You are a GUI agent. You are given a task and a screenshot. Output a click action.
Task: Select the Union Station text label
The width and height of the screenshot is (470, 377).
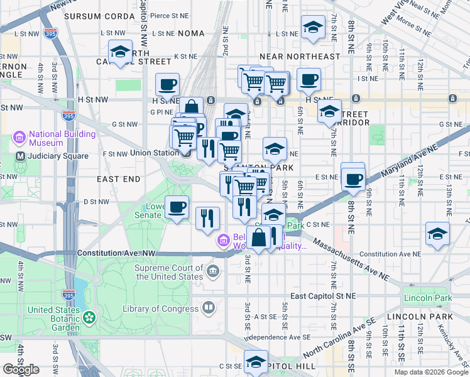pos(154,153)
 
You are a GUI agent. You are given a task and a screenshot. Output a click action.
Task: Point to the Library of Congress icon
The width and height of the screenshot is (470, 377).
pos(208,308)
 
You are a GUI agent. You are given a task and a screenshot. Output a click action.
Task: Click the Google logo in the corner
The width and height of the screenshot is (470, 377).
pos(21,369)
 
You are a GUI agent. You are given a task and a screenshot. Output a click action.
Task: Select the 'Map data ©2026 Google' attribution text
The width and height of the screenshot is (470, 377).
pos(431,372)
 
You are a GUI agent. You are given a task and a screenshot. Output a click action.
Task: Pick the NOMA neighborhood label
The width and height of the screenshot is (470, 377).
pos(191,33)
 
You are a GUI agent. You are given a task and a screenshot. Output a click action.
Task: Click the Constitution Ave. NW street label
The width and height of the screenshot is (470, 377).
pos(116,253)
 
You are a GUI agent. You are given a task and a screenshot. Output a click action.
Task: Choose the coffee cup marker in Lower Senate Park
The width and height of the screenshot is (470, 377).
pos(177,206)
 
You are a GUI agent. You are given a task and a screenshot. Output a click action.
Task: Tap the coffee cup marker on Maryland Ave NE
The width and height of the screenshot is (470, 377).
pos(353,178)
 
